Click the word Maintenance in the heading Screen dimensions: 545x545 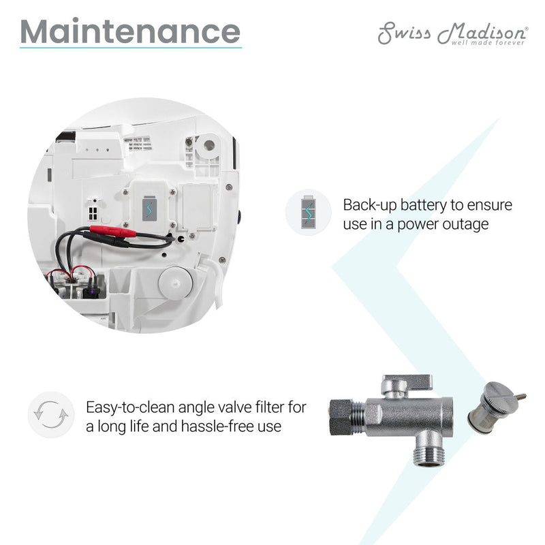[130, 31]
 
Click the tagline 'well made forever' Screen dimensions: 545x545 [488, 43]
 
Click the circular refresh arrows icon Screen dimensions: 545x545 [50, 414]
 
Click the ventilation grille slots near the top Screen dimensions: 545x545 [138, 142]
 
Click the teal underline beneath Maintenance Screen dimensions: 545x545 [130, 48]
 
